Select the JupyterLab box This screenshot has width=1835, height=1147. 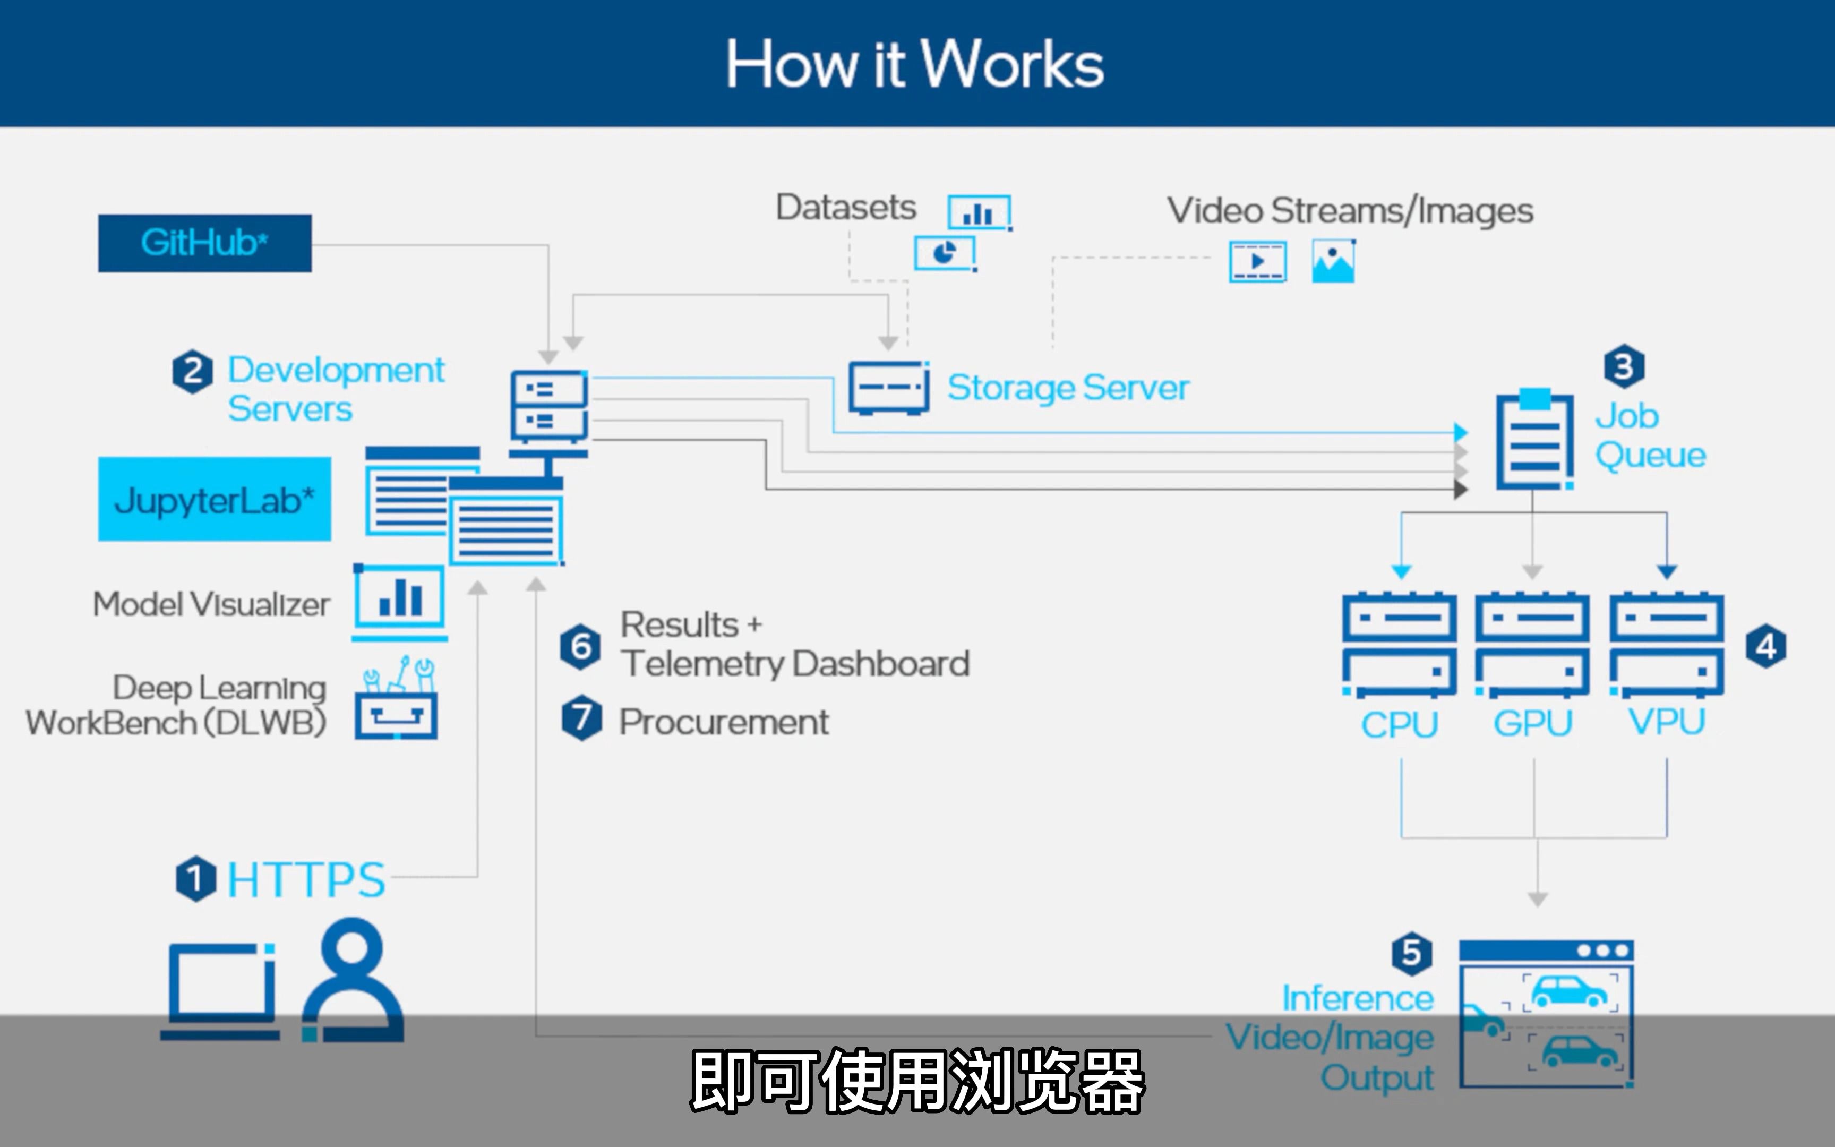214,499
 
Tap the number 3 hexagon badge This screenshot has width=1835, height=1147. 1624,367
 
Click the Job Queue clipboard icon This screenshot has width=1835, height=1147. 1534,440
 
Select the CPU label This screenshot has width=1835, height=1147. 1399,724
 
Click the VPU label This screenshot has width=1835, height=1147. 1667,722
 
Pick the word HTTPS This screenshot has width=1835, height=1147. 306,880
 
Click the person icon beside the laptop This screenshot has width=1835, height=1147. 353,982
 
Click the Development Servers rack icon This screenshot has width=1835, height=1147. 549,409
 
